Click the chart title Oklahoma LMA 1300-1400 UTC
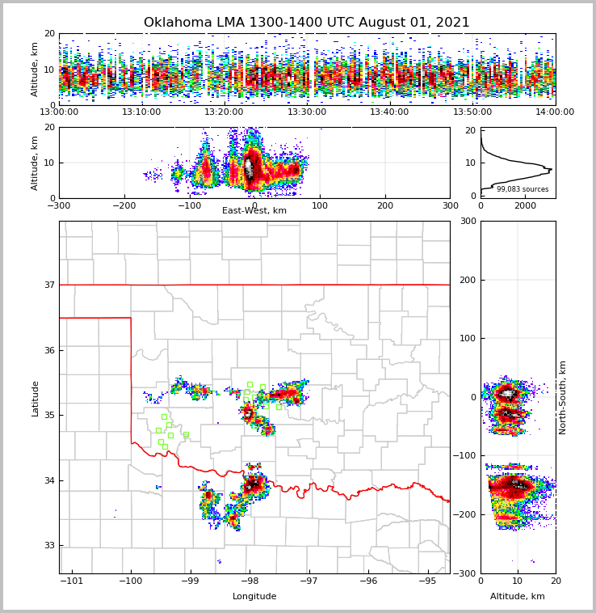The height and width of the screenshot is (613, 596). click(307, 23)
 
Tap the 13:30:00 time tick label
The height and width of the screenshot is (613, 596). click(307, 112)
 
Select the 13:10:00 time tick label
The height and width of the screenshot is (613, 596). click(141, 112)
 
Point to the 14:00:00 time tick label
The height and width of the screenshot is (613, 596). click(555, 112)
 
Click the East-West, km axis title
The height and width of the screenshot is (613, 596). click(254, 211)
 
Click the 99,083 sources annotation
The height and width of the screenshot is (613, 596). click(523, 189)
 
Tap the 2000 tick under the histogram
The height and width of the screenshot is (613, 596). click(526, 205)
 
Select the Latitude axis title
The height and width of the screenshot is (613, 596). click(36, 398)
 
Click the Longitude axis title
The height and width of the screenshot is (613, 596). click(254, 597)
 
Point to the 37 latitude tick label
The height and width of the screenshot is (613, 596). click(49, 285)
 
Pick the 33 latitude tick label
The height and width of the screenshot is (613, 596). click(49, 545)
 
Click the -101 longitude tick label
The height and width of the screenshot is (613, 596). click(72, 581)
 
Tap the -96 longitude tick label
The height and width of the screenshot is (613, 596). click(368, 581)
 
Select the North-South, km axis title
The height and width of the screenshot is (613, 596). click(564, 398)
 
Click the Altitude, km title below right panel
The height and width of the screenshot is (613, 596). click(518, 597)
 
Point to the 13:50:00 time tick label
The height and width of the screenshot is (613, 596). click(472, 112)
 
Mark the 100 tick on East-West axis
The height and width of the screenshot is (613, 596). click(320, 205)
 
